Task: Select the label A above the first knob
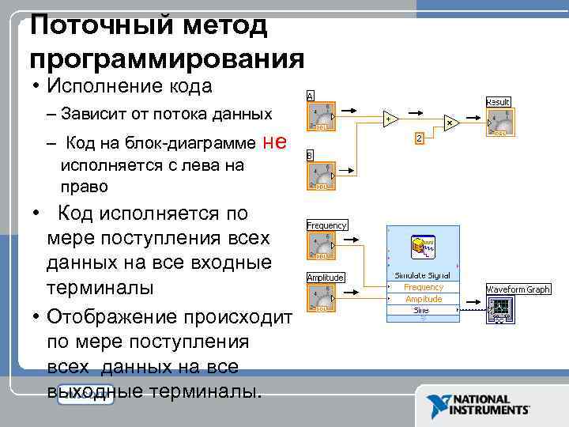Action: (311, 95)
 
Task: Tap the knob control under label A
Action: (322, 116)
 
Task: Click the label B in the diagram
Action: (311, 155)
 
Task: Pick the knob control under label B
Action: (322, 176)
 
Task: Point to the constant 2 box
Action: (420, 138)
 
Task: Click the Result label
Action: (498, 102)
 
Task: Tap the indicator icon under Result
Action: (499, 123)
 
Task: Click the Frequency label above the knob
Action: (326, 225)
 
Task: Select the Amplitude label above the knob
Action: (326, 278)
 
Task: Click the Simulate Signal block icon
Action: (423, 247)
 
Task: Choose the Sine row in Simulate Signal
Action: (423, 311)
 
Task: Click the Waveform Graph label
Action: (518, 289)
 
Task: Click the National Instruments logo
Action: (478, 406)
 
